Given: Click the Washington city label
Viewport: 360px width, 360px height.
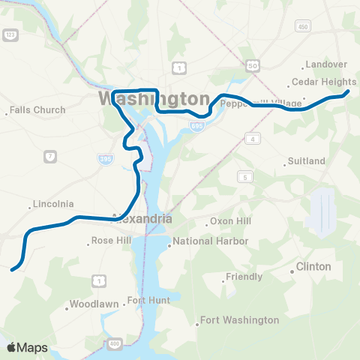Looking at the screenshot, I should click(153, 99).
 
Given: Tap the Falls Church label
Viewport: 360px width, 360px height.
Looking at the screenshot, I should click(37, 110).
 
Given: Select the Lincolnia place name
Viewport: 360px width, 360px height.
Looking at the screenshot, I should click(53, 204).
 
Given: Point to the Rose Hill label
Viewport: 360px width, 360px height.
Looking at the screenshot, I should click(110, 241).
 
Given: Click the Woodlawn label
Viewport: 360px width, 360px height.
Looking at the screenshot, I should click(91, 304).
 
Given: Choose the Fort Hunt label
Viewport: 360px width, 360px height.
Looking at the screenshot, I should click(148, 300).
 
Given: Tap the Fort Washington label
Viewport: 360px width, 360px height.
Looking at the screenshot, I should click(239, 320).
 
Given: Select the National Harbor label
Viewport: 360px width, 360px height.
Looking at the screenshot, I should click(204, 241).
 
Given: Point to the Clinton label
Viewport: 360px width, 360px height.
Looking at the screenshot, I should click(313, 266).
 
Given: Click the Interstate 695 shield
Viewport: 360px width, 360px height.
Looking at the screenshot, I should click(196, 106).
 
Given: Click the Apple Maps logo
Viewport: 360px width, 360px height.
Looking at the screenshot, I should click(27, 347).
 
